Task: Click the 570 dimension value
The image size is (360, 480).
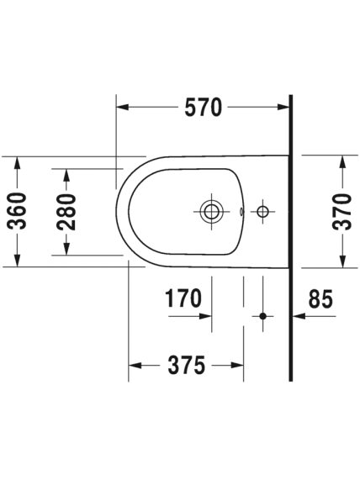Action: (203, 107)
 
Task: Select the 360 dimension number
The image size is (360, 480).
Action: (17, 212)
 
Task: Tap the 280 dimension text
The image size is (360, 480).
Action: (66, 212)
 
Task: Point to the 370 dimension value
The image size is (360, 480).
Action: (342, 212)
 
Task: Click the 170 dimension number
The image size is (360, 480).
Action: (183, 298)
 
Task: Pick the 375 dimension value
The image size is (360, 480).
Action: (186, 365)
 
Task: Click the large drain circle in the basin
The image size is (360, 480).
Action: (211, 212)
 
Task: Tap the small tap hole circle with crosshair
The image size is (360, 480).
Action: (262, 212)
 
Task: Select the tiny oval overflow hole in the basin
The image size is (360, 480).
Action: (241, 211)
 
